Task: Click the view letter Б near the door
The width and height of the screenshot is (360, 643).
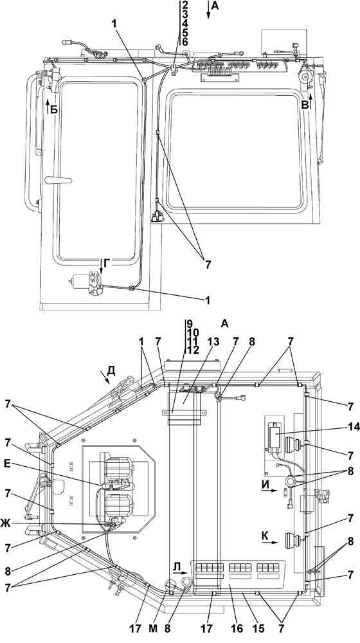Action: [53, 109]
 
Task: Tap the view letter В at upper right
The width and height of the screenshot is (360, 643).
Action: [305, 105]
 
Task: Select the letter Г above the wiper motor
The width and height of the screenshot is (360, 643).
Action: [106, 264]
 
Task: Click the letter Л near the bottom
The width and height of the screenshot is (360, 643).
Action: [177, 566]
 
